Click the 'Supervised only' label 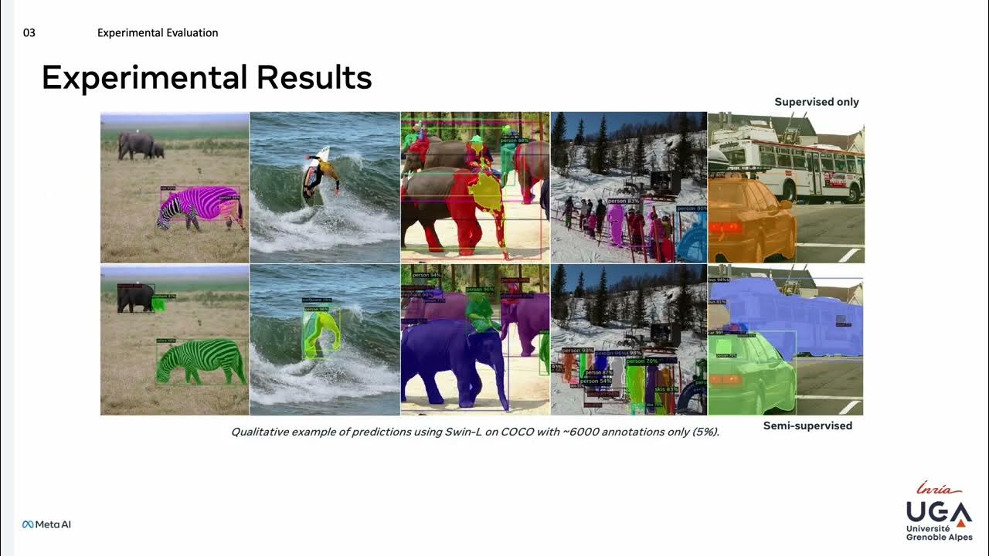point(816,102)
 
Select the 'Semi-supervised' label point(807,425)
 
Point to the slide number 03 point(29,33)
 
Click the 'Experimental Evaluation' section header point(158,33)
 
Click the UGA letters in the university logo point(938,511)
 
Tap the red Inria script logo point(938,488)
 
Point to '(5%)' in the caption point(705,432)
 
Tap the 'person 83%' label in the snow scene point(623,202)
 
